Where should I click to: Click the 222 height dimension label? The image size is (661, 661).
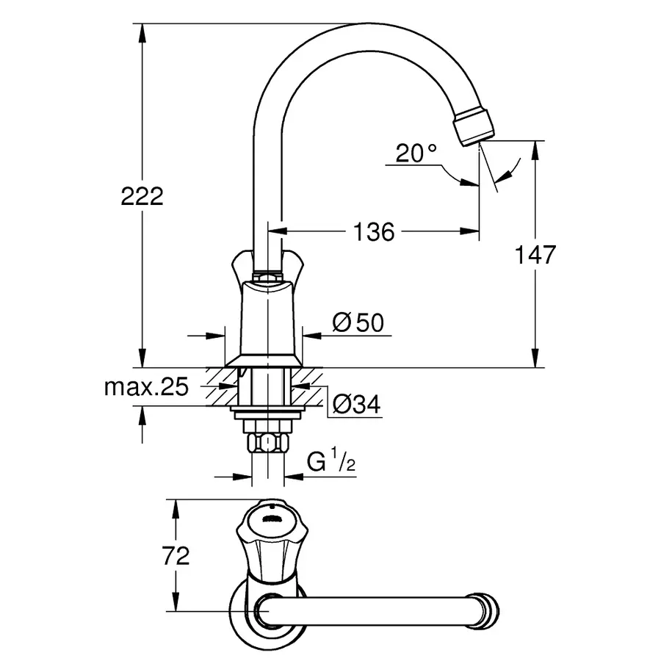(x=142, y=197)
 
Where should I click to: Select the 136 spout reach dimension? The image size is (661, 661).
(x=374, y=232)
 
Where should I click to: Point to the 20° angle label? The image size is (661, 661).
(x=416, y=153)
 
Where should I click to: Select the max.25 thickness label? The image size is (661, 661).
(x=146, y=387)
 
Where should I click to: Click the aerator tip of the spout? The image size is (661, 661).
(x=474, y=126)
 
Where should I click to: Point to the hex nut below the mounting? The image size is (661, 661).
(x=267, y=442)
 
